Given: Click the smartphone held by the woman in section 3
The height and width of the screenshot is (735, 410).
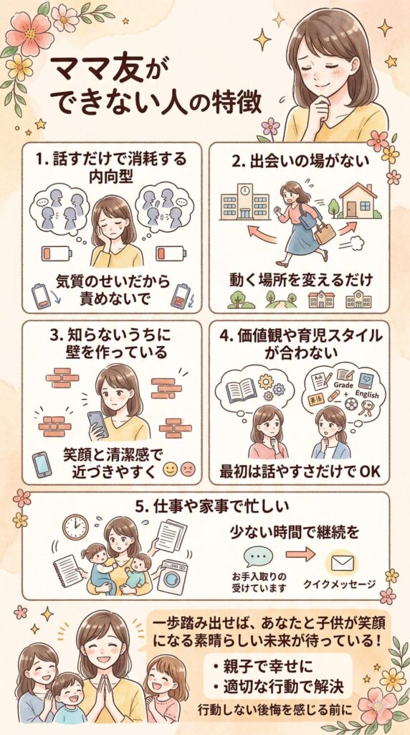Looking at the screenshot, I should point(97,423).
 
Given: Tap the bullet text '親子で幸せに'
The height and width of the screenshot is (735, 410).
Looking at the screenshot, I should point(266,666).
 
